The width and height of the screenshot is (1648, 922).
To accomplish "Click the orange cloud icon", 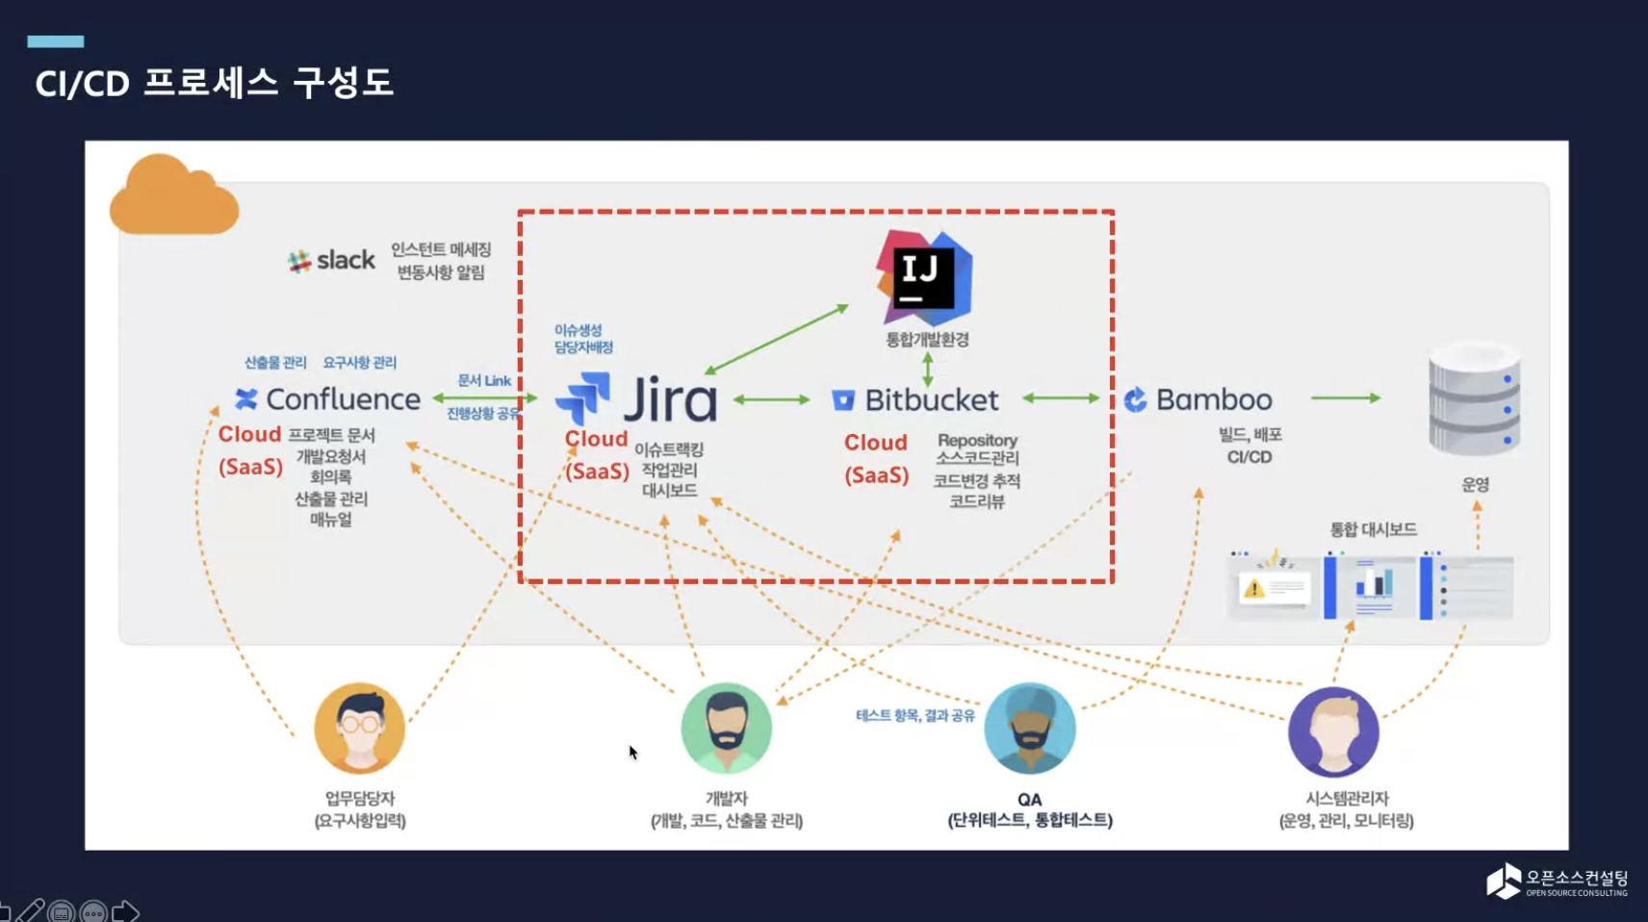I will (x=173, y=196).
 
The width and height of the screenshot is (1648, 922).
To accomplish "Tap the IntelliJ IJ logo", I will (x=923, y=278).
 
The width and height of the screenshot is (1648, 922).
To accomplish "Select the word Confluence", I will (x=343, y=399).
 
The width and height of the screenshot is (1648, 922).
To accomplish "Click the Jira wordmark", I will (x=670, y=399).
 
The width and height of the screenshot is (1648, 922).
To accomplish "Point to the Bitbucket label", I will (x=931, y=399).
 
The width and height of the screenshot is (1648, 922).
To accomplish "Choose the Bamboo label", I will (x=1213, y=399).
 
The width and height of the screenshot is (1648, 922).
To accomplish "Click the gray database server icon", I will (x=1474, y=399).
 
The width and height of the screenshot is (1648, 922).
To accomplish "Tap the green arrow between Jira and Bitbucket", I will (x=772, y=399).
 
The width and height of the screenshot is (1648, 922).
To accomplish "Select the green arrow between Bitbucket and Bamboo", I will (x=1061, y=397).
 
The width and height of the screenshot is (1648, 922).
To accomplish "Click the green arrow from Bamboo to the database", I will (x=1346, y=397).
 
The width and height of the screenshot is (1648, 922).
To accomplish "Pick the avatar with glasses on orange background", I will (x=360, y=729).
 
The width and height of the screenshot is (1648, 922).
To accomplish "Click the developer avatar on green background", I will (x=726, y=729).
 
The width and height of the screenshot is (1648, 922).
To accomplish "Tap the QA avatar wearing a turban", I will (x=1029, y=729).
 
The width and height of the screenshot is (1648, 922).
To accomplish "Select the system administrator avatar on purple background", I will (x=1333, y=731).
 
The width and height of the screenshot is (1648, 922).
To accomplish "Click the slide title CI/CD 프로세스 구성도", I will (x=215, y=83).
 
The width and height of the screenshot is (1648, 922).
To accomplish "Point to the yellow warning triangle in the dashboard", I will (x=1253, y=588).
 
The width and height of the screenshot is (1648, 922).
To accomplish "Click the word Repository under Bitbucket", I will (x=977, y=440).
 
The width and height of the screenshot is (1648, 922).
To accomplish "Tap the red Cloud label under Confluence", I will (x=249, y=434).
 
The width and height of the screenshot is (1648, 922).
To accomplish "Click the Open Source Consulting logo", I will (x=1557, y=882).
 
